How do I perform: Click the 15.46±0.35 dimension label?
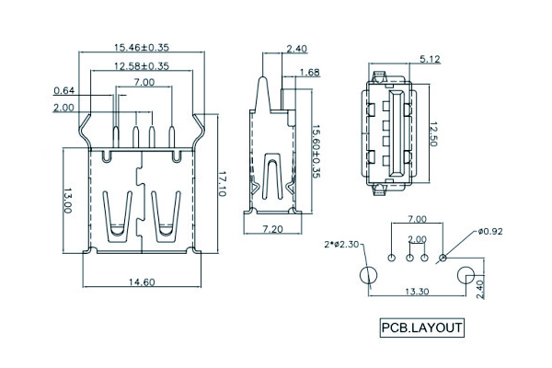tap(141, 46)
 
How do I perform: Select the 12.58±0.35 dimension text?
tap(141, 66)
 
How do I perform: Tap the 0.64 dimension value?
tap(64, 90)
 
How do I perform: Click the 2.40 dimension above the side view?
tap(297, 49)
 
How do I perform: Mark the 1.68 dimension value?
tap(309, 72)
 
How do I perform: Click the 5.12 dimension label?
tap(430, 60)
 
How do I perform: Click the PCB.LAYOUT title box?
tap(422, 327)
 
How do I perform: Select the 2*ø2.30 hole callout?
tap(342, 244)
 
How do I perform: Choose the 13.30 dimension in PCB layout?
tap(417, 292)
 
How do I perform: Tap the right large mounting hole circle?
tap(466, 275)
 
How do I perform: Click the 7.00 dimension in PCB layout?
tap(417, 220)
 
